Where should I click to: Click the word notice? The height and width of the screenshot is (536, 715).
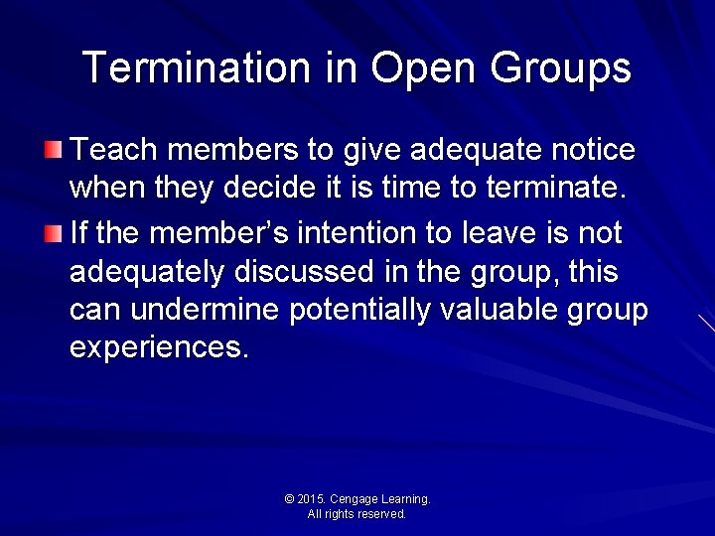point(593,150)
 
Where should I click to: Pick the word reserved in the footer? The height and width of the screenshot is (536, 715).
point(381,514)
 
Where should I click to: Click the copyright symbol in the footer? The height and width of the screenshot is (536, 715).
point(289,499)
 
